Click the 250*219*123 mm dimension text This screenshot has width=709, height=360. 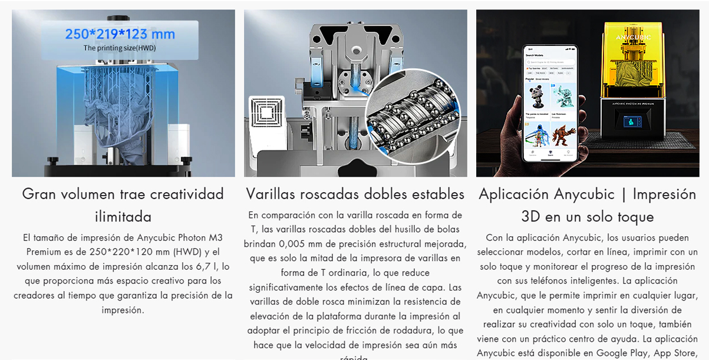(x=120, y=34)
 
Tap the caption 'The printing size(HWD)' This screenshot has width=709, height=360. (x=120, y=48)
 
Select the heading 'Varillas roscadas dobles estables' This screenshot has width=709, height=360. (x=355, y=194)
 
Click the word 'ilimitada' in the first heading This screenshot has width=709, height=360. (x=123, y=216)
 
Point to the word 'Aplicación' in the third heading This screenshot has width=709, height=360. (x=513, y=194)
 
